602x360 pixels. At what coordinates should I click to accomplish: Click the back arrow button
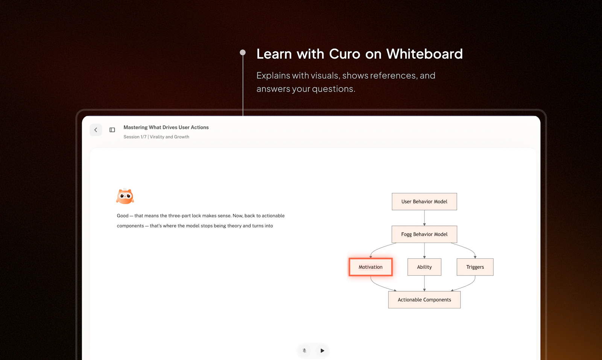click(x=96, y=130)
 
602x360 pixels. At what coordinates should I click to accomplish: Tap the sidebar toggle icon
click(x=112, y=130)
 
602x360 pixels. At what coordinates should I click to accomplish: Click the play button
click(x=322, y=350)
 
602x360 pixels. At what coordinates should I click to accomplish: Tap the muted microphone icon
click(x=304, y=350)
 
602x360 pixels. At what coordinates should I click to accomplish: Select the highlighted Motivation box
click(x=371, y=267)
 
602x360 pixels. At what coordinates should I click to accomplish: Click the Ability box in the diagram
click(x=424, y=267)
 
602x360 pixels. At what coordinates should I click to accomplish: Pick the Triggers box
click(x=475, y=267)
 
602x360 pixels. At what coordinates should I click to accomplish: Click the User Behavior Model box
click(x=424, y=202)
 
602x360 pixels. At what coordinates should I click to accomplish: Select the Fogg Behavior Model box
click(x=424, y=234)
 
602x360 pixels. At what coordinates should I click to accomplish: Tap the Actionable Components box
click(x=424, y=299)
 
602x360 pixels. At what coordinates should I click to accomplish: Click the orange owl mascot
click(x=125, y=196)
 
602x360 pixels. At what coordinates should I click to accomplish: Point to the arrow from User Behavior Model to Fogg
click(x=424, y=218)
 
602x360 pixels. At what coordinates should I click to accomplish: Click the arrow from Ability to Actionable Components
click(x=424, y=283)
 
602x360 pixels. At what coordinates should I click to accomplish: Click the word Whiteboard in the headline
click(x=425, y=54)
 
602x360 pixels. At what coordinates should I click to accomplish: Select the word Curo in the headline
click(x=345, y=54)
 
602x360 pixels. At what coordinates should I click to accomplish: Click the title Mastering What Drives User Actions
click(x=166, y=128)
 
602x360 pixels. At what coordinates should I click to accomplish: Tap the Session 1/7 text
click(x=135, y=137)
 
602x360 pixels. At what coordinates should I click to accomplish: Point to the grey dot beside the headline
click(x=243, y=52)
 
